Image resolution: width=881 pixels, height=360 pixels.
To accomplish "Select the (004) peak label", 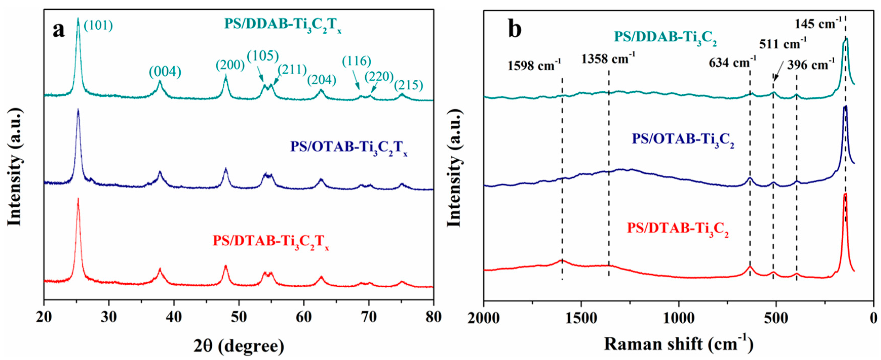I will (165, 72).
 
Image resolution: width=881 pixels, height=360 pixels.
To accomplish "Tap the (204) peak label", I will (322, 80).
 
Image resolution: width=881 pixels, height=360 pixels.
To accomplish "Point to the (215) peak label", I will (408, 85).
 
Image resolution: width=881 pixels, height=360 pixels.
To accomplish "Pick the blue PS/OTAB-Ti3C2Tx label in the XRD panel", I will (349, 148).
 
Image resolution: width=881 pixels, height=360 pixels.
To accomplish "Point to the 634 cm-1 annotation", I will (732, 62).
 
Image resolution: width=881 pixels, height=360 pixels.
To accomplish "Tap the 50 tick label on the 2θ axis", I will (239, 317).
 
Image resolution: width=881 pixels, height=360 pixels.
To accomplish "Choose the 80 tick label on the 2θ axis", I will (433, 317).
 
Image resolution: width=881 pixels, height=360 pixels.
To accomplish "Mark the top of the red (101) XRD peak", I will (78, 199).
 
